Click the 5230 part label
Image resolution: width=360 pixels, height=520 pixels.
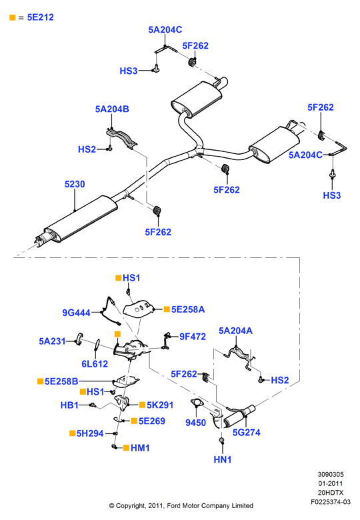click(75, 184)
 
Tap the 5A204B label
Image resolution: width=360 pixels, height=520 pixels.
click(112, 109)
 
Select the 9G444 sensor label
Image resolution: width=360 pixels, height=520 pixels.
click(76, 313)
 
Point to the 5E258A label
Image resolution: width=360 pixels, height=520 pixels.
click(188, 309)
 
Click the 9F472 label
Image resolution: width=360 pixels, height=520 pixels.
click(193, 337)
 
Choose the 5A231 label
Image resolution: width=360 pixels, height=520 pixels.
click(52, 341)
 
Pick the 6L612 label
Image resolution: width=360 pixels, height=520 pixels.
click(95, 364)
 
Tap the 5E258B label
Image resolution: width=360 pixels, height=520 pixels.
click(61, 381)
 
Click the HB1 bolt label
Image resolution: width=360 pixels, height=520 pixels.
click(69, 405)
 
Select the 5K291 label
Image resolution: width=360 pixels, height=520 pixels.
click(160, 405)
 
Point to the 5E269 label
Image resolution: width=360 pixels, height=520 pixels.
click(152, 421)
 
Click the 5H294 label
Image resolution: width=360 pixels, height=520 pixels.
click(90, 433)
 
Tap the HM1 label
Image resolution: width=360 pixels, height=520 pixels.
click(140, 448)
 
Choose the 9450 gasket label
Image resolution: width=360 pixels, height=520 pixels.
click(195, 423)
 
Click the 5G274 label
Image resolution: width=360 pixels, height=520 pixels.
click(246, 432)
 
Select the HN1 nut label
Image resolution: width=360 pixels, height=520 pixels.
click(223, 459)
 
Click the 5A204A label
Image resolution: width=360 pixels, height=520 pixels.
click(235, 331)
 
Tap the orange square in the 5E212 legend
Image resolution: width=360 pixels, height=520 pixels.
click(13, 17)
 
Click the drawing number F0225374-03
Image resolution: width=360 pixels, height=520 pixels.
click(331, 502)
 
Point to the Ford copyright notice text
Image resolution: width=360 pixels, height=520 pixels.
click(181, 506)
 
